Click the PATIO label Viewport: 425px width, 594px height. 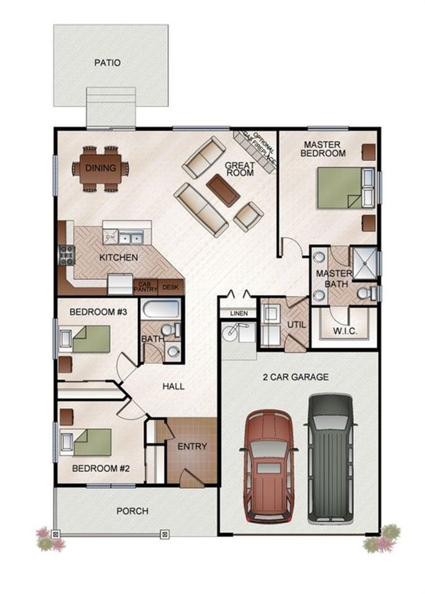(107, 62)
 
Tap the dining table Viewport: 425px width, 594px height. (100, 168)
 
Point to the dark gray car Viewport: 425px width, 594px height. (330, 458)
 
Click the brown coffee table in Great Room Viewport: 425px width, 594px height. (223, 190)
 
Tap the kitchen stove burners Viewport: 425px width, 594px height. (67, 255)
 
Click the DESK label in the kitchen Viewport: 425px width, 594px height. (170, 288)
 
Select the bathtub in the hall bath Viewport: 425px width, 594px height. (160, 309)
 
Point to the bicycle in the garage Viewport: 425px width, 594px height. (235, 331)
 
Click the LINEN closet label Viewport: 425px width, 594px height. (239, 313)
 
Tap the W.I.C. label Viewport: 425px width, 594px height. (345, 330)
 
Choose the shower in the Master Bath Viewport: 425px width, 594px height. (365, 264)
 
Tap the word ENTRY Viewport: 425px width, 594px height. (193, 446)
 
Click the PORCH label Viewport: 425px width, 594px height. (133, 511)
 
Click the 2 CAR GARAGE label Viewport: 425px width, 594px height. (296, 377)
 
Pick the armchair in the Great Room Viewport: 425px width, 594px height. (248, 217)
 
